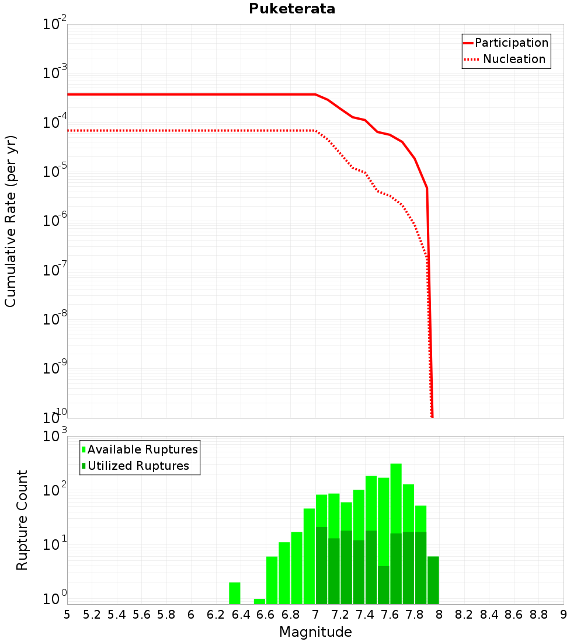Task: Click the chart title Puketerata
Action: tap(292, 9)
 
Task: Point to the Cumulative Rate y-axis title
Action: tap(11, 221)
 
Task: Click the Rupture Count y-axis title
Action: tap(22, 519)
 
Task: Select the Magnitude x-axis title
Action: tap(315, 632)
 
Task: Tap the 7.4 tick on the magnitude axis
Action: tap(365, 615)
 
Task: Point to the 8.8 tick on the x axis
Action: tap(538, 615)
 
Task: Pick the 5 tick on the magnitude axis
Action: tap(67, 615)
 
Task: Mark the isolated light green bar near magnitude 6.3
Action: tap(235, 593)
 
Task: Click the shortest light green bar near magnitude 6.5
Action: tap(259, 601)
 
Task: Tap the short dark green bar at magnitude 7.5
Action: tap(384, 585)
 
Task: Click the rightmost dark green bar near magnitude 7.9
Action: tap(433, 580)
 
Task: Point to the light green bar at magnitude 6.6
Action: tap(272, 580)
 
